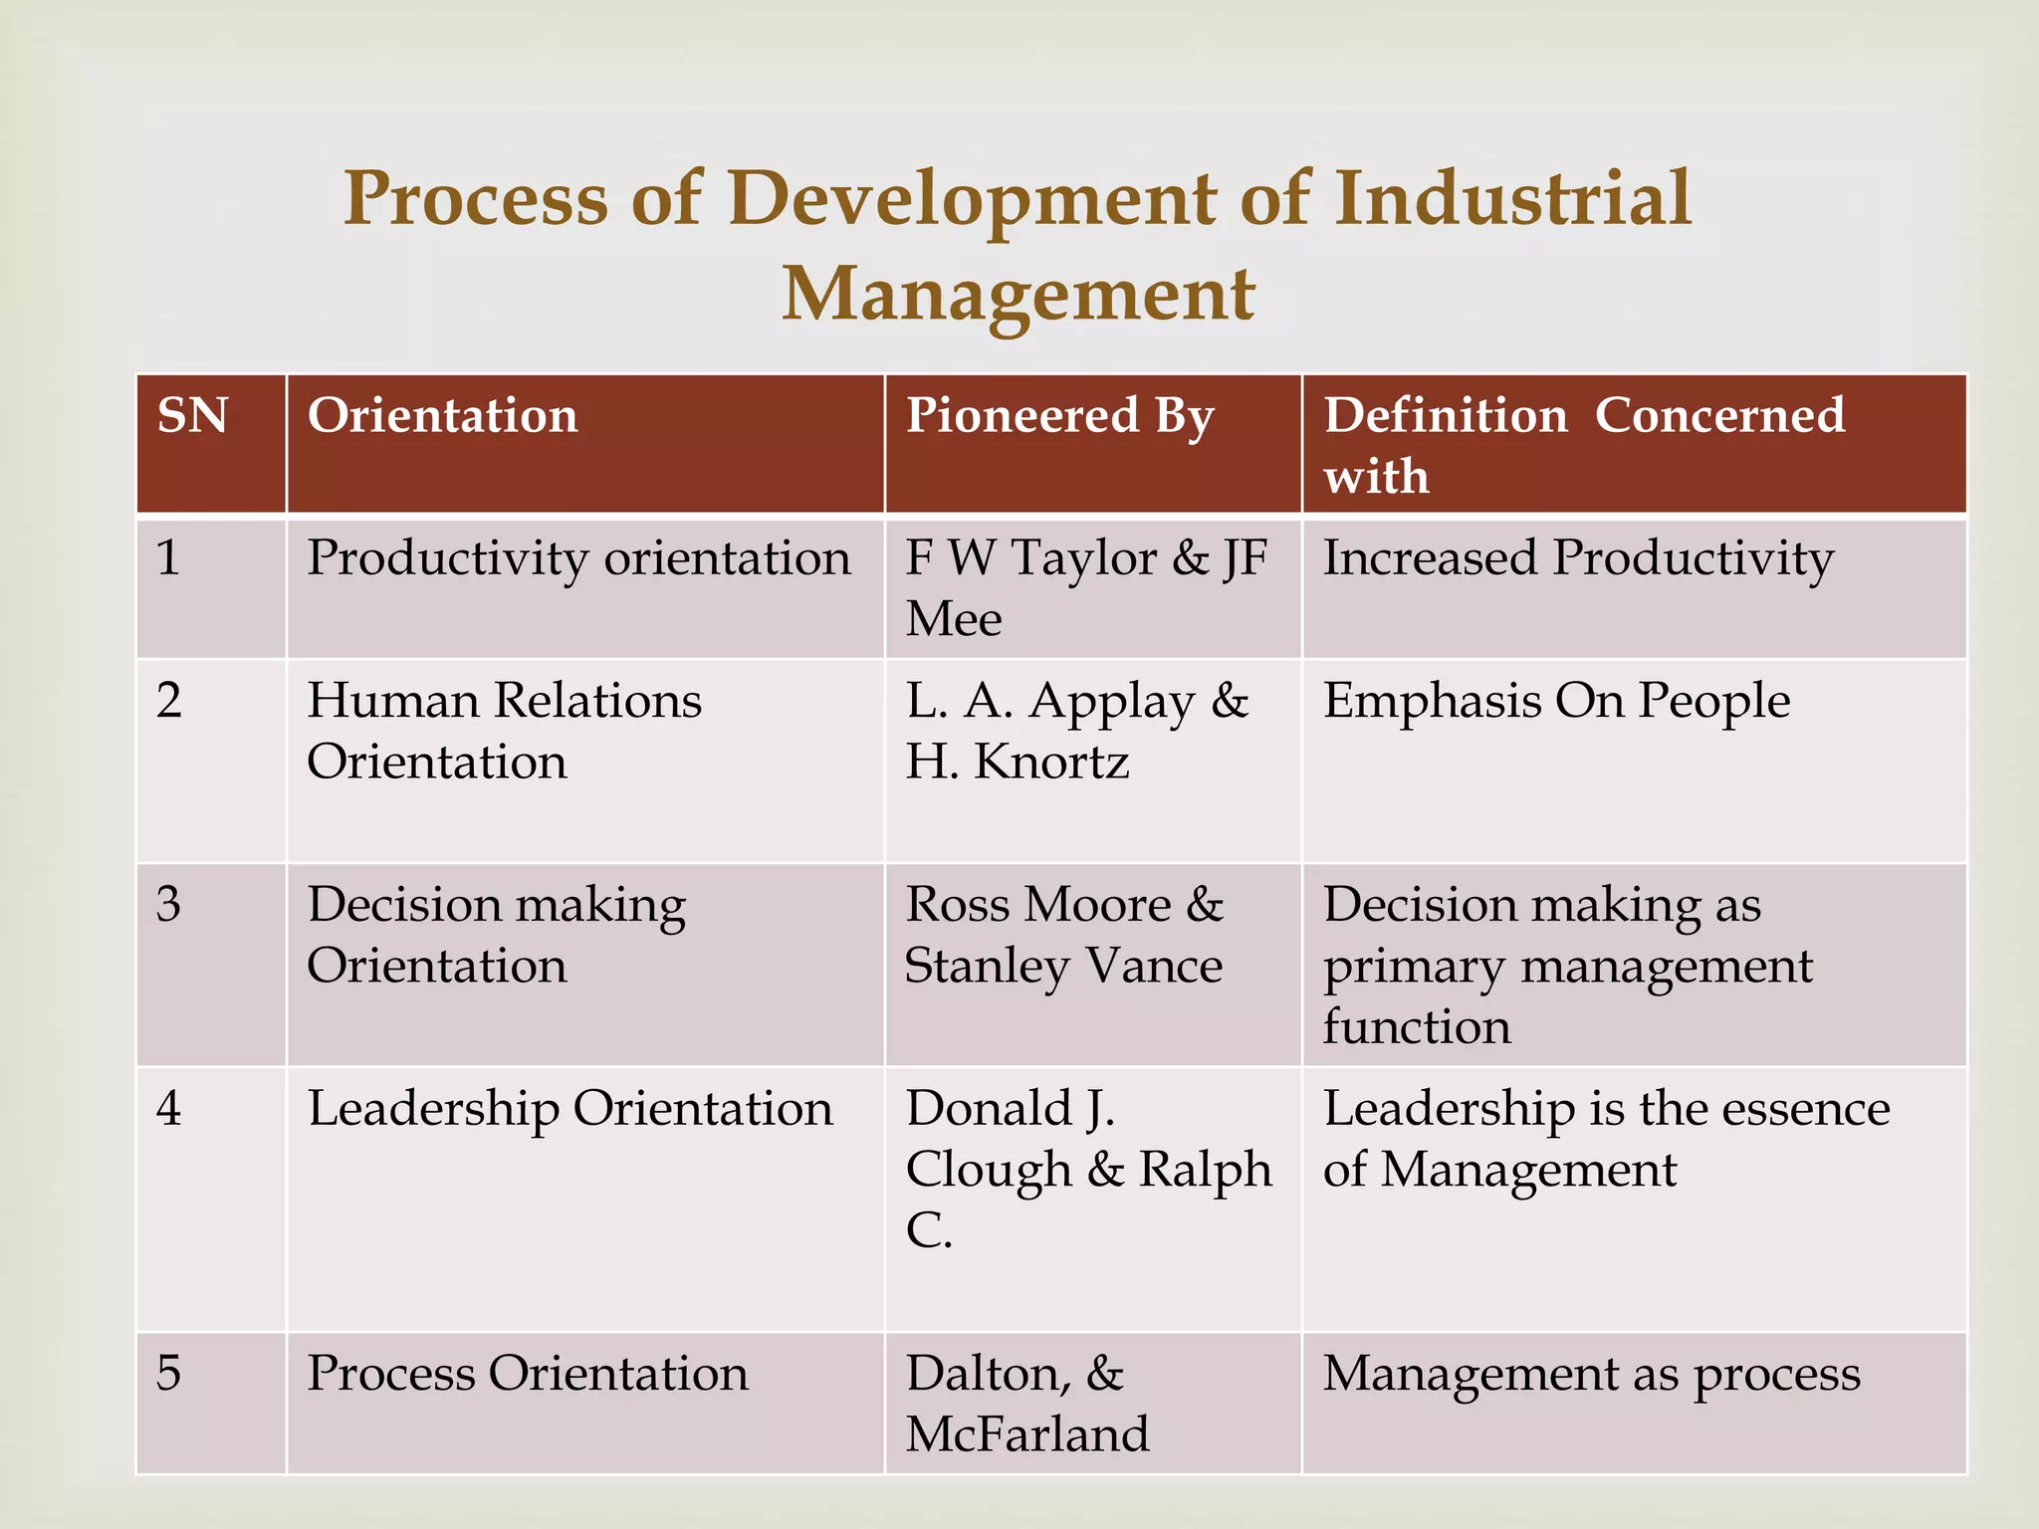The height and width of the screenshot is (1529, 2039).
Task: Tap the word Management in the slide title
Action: pos(1018,296)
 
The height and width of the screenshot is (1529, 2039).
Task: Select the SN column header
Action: pos(193,416)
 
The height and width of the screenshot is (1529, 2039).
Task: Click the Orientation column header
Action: pos(442,416)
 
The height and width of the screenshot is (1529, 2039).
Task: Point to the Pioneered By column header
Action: pos(1059,416)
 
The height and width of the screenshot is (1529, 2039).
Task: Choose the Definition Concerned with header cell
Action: pos(1583,444)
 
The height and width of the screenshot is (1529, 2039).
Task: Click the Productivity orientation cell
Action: pos(578,558)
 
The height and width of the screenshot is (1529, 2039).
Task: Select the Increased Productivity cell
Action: pos(1578,558)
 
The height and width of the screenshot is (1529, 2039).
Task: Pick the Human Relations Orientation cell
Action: pos(504,731)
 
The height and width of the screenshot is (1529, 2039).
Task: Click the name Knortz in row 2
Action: pos(1051,763)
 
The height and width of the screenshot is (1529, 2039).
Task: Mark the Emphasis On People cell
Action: pos(1556,701)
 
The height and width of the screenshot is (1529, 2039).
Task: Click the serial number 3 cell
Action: pos(169,905)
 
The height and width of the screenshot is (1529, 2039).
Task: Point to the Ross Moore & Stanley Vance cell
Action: pos(1063,935)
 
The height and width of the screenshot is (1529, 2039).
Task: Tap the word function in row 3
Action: pos(1416,1027)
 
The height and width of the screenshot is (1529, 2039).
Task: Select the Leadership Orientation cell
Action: pos(569,1109)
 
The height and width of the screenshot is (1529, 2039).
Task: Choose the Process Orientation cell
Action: pos(527,1374)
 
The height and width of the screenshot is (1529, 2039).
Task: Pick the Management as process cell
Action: pos(1591,1374)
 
